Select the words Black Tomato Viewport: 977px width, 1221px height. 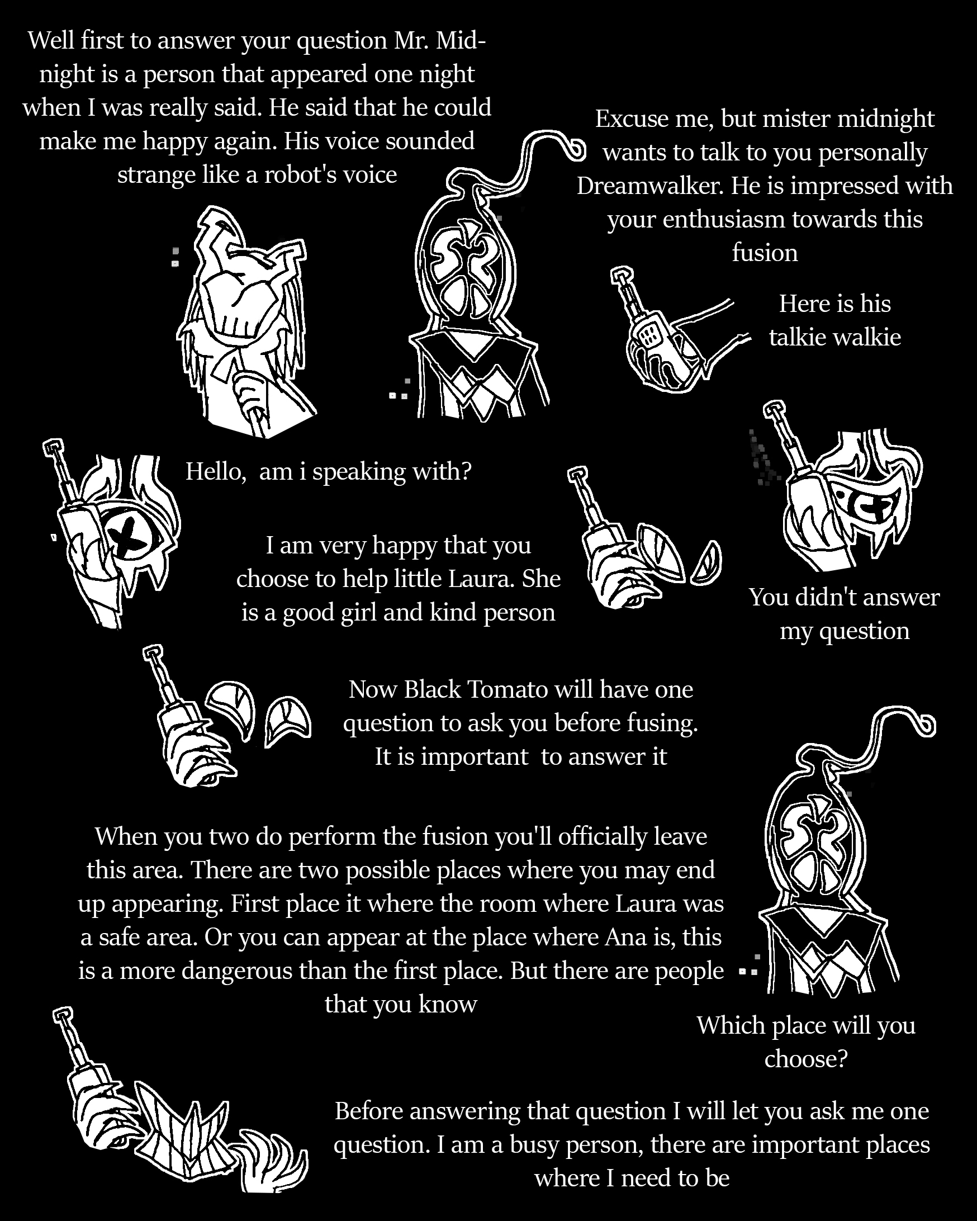point(476,689)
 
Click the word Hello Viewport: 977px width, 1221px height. point(216,471)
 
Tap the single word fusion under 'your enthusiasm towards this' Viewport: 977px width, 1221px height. point(765,253)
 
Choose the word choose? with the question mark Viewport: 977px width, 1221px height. point(805,1058)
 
